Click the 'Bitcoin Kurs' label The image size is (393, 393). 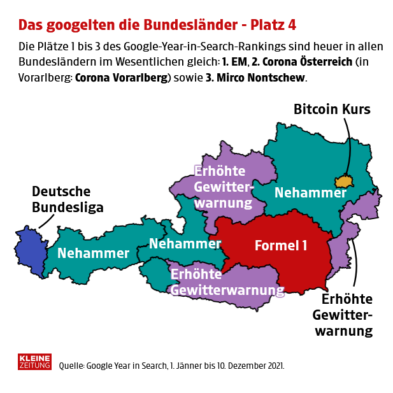click(331, 109)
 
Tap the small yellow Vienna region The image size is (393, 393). click(345, 182)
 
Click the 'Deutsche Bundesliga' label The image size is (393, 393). click(61, 199)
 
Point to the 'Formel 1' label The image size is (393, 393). click(280, 245)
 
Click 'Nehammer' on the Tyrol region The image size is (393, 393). click(93, 253)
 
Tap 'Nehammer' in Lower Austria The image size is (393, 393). click(310, 192)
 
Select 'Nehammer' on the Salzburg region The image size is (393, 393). click(185, 243)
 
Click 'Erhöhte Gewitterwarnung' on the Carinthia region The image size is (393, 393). click(226, 282)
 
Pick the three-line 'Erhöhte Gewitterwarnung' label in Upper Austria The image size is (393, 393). click(223, 187)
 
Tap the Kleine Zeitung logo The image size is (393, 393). click(35, 362)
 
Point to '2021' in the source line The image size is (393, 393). click(273, 366)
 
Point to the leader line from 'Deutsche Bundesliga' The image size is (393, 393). click(45, 220)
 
